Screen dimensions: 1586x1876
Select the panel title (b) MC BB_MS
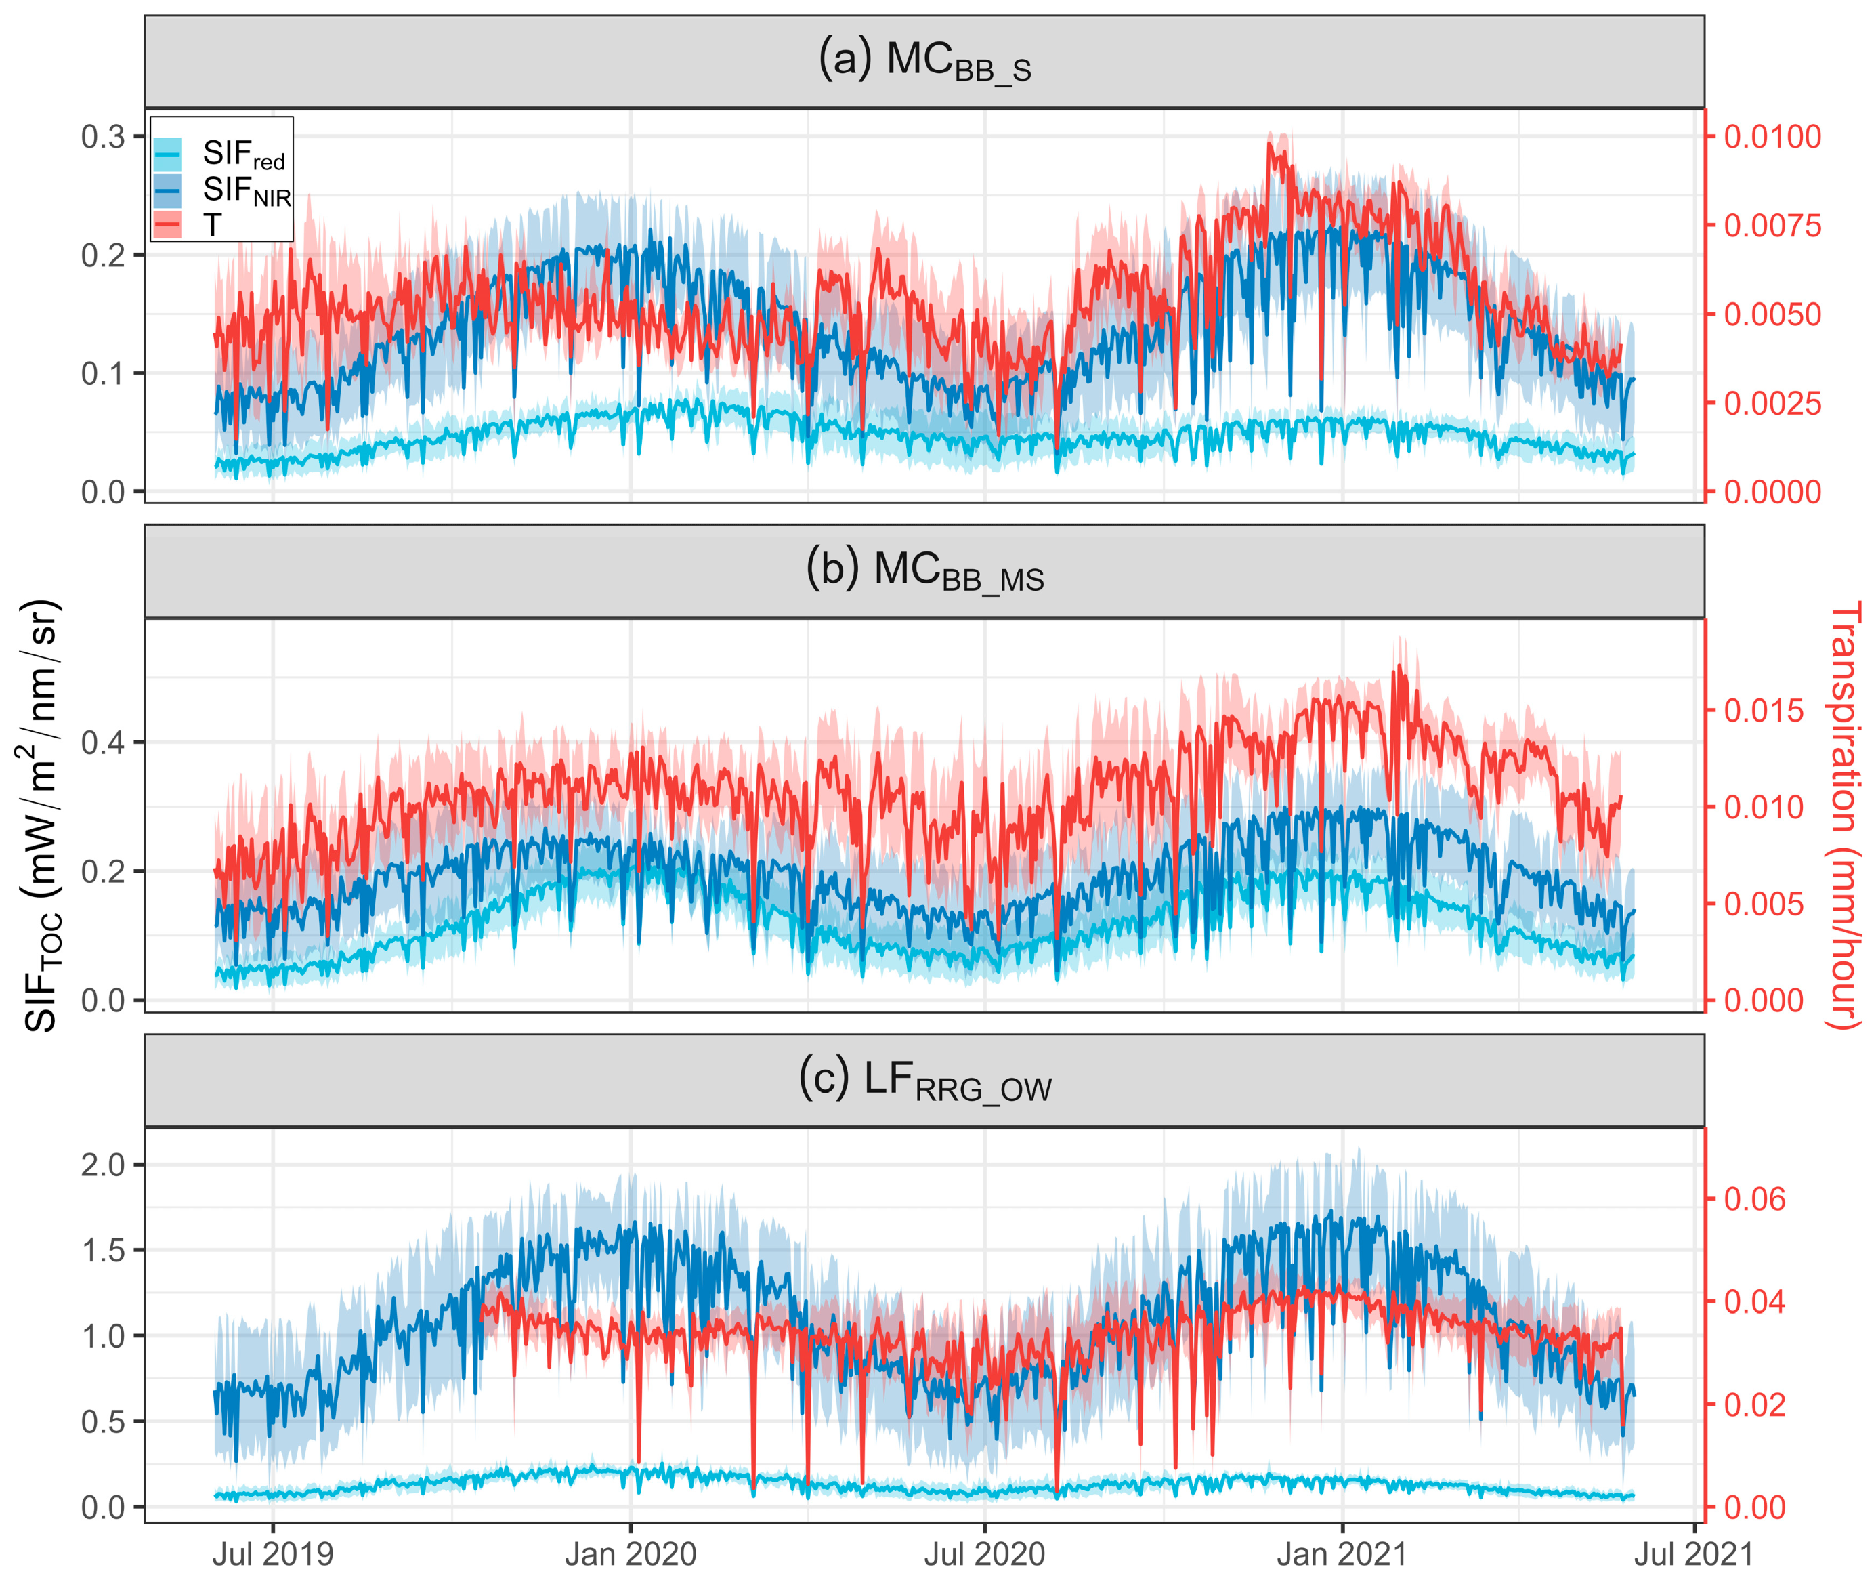point(924,572)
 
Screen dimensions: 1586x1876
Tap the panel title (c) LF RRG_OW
point(924,1081)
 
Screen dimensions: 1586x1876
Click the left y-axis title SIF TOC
point(42,814)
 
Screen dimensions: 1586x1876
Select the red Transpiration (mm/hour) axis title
point(1843,814)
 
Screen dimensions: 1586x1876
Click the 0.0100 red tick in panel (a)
point(1772,137)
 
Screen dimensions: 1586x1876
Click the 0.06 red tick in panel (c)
point(1755,1198)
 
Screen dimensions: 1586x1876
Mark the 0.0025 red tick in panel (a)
point(1772,403)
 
